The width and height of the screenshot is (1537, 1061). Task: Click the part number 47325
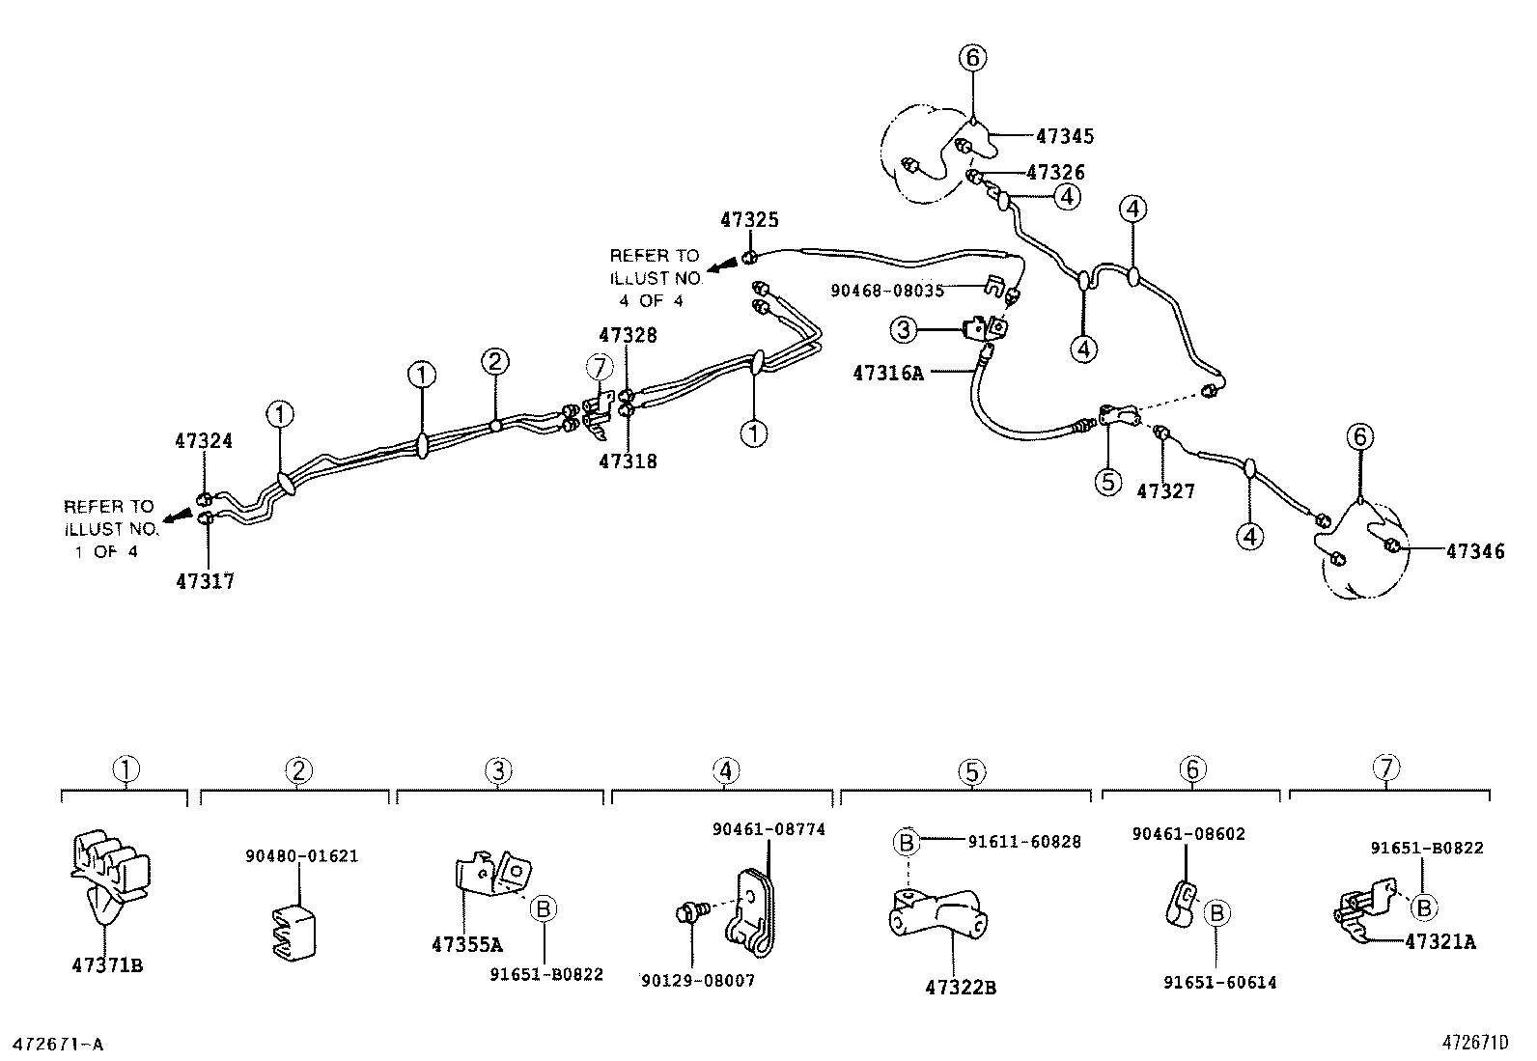(x=749, y=220)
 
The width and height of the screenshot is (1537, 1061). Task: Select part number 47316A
(x=888, y=373)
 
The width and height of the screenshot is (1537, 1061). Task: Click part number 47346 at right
(x=1475, y=551)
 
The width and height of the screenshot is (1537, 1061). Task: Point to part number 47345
(x=1065, y=137)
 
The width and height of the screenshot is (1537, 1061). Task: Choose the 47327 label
(x=1165, y=491)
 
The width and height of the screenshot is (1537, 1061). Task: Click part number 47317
(x=205, y=581)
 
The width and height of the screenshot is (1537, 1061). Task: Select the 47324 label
(x=204, y=441)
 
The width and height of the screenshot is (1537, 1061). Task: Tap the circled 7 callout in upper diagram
(x=600, y=367)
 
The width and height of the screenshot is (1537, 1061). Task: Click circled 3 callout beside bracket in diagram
(x=903, y=331)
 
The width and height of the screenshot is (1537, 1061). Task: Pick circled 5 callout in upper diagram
(x=1107, y=480)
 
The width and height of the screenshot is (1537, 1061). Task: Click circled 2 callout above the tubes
(x=494, y=362)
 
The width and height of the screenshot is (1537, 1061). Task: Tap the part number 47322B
(x=960, y=988)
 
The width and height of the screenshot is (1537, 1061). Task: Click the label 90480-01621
(x=300, y=855)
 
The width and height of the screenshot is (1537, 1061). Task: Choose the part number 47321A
(x=1440, y=941)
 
